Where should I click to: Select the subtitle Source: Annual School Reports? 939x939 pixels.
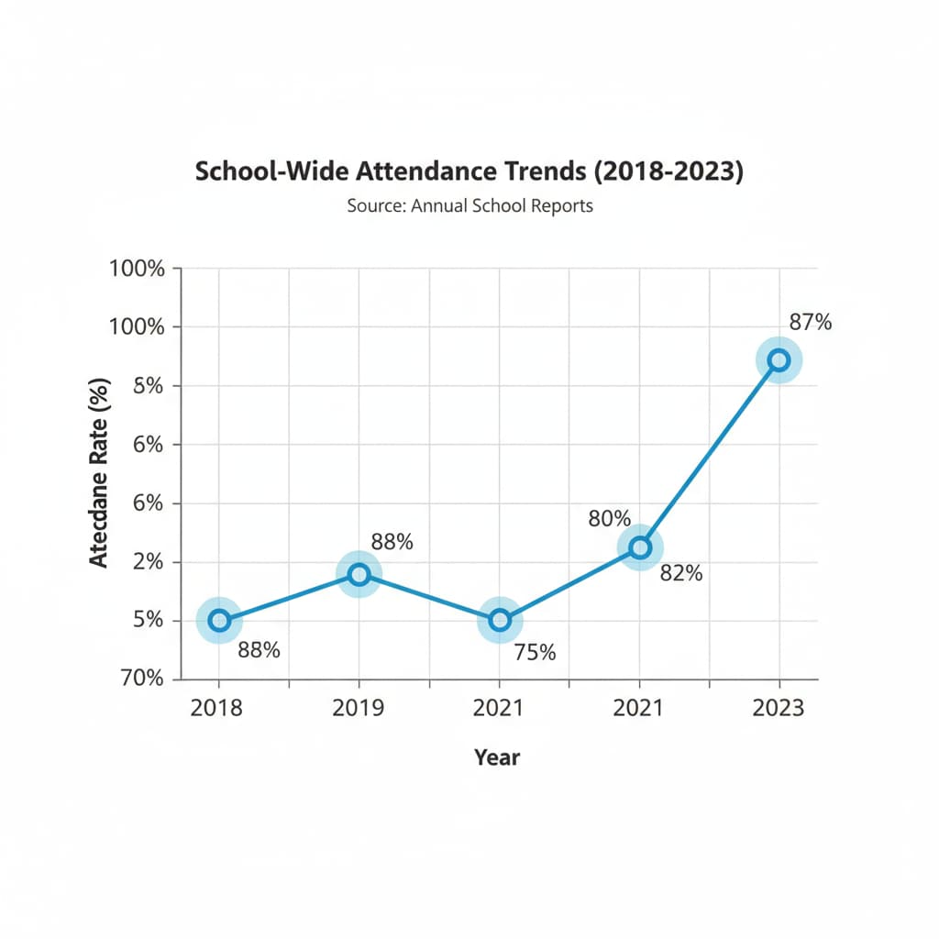[469, 205]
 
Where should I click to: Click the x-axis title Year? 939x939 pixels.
[497, 757]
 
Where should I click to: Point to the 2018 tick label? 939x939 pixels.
[218, 708]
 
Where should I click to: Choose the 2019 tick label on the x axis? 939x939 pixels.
[359, 708]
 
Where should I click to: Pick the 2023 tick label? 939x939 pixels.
[779, 708]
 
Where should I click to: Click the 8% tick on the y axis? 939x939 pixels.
[149, 386]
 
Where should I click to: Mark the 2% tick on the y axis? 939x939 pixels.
[149, 562]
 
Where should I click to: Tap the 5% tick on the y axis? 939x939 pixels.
[149, 621]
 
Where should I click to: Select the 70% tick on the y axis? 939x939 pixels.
[142, 679]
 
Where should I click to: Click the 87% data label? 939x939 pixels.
[811, 322]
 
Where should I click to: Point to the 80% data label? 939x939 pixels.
[610, 519]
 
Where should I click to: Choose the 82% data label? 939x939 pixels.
[681, 574]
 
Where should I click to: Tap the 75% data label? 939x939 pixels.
[535, 653]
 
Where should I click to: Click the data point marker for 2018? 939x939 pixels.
[219, 621]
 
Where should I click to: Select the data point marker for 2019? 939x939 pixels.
[359, 575]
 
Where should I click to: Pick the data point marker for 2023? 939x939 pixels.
[779, 360]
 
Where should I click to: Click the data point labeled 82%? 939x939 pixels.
[640, 547]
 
